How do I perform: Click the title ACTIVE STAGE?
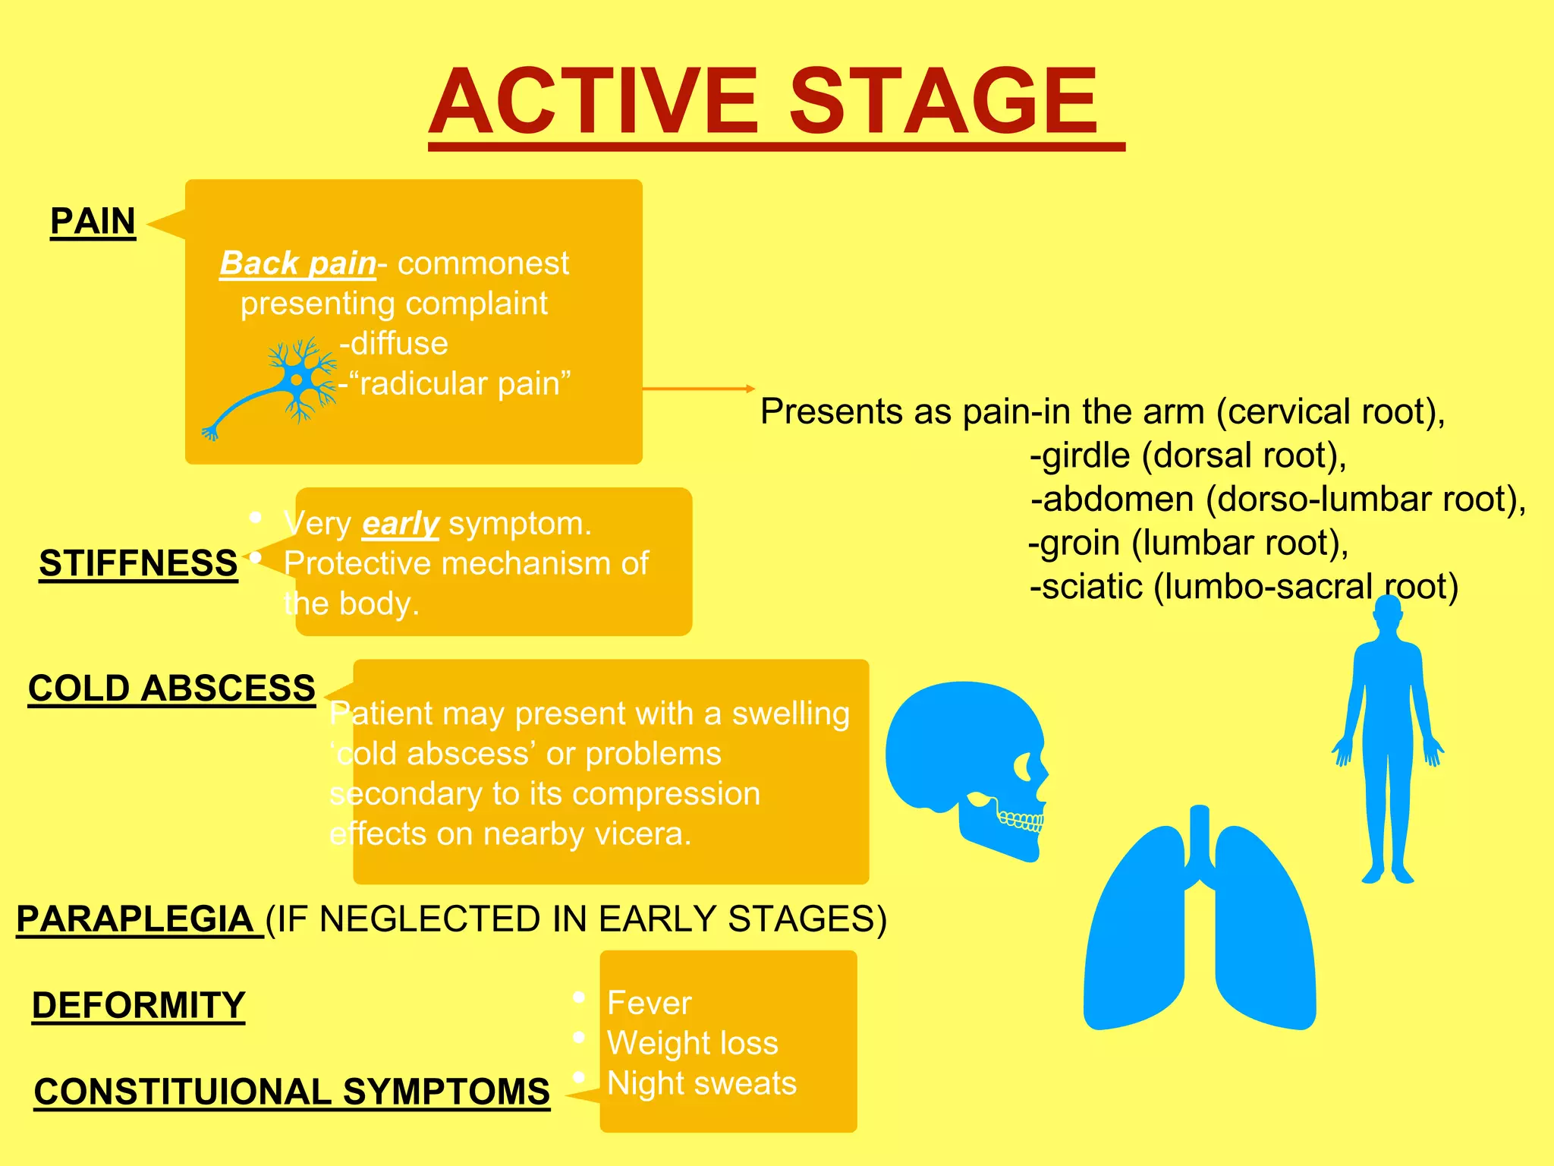(x=765, y=102)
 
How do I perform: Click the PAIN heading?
(x=93, y=222)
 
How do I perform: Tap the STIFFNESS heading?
(x=138, y=563)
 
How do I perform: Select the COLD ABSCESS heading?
(x=171, y=689)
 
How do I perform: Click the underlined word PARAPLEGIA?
(x=134, y=919)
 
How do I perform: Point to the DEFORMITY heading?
(x=138, y=1005)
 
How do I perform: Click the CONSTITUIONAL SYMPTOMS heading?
(x=291, y=1092)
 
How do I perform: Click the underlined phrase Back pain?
(x=297, y=263)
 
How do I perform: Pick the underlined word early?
(x=400, y=524)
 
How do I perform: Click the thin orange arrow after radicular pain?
(x=698, y=389)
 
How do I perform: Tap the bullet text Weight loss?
(x=692, y=1043)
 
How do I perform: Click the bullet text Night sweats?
(x=701, y=1083)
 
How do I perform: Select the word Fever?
(x=649, y=1003)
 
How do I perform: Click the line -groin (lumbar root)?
(x=1188, y=543)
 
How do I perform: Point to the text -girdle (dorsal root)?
(x=1188, y=455)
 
